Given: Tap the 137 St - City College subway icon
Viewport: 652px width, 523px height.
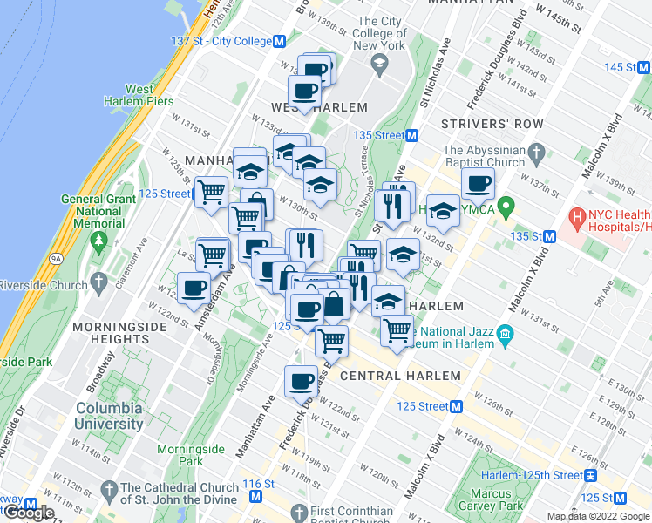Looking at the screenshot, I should (x=280, y=41).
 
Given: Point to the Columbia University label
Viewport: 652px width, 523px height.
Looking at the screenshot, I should (x=109, y=416).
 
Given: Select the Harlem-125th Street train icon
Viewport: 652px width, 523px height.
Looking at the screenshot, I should (x=591, y=475).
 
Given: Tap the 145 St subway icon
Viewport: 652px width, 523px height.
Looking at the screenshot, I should (x=645, y=67).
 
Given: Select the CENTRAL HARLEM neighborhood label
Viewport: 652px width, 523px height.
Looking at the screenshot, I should (x=400, y=376).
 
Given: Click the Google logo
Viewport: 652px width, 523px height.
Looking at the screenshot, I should (x=29, y=512).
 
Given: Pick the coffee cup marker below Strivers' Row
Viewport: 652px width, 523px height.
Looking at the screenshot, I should (x=478, y=184).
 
